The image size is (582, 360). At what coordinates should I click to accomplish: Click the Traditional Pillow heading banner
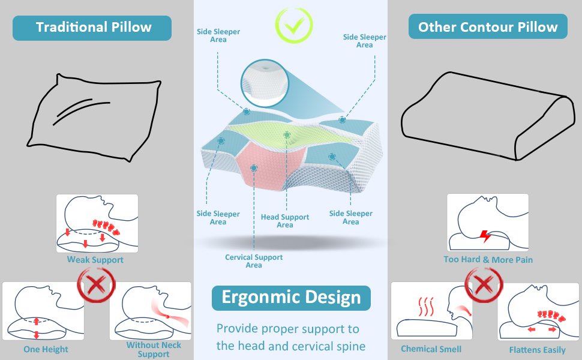[x=94, y=28]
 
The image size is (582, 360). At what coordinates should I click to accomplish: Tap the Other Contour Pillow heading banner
[x=488, y=28]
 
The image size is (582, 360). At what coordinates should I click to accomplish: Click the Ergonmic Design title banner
[x=291, y=298]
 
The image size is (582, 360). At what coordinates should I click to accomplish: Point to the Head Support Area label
[x=285, y=221]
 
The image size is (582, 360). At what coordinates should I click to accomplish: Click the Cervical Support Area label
[x=254, y=261]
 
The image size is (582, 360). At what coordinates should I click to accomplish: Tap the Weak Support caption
[x=95, y=260]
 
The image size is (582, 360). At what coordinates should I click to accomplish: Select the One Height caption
[x=46, y=349]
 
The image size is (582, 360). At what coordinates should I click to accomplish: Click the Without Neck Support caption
[x=154, y=349]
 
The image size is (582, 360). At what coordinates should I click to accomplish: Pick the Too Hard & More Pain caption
[x=488, y=260]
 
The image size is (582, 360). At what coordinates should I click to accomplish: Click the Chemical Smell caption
[x=431, y=349]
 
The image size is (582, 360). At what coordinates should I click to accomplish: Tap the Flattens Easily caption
[x=538, y=350]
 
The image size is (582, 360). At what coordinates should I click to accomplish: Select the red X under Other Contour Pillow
[x=485, y=284]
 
